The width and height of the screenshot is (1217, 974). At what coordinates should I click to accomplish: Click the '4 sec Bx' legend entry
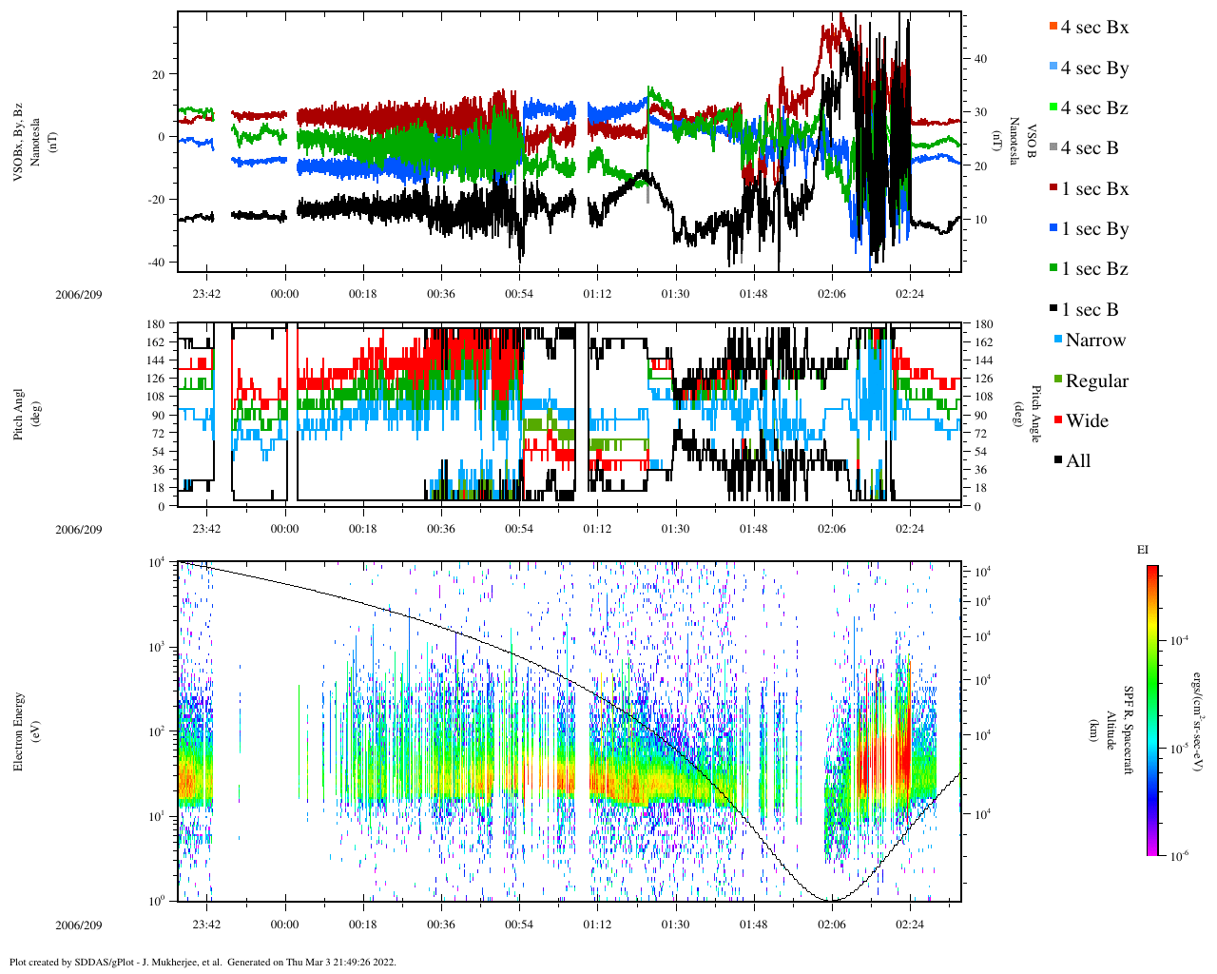(x=1094, y=28)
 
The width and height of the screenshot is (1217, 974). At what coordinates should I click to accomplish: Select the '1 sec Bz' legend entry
(x=1094, y=269)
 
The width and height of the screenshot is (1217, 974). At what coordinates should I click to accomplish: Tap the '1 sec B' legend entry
(x=1090, y=310)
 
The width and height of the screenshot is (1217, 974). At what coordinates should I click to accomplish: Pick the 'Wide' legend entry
(x=1087, y=421)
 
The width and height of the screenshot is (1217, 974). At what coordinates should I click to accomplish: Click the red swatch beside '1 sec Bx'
(x=1053, y=188)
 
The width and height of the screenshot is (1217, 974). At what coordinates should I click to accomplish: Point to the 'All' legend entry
(x=1078, y=461)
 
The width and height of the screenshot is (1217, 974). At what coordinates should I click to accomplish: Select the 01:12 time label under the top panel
(x=597, y=294)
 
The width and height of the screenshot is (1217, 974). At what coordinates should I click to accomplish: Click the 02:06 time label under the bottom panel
(x=832, y=925)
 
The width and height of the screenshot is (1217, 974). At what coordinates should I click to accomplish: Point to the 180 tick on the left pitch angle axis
(x=155, y=324)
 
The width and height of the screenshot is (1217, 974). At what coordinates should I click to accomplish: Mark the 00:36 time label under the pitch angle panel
(x=441, y=530)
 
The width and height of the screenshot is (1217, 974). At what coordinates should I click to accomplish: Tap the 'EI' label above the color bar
(x=1143, y=550)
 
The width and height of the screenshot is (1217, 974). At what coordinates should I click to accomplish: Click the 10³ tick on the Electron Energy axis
(x=158, y=647)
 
